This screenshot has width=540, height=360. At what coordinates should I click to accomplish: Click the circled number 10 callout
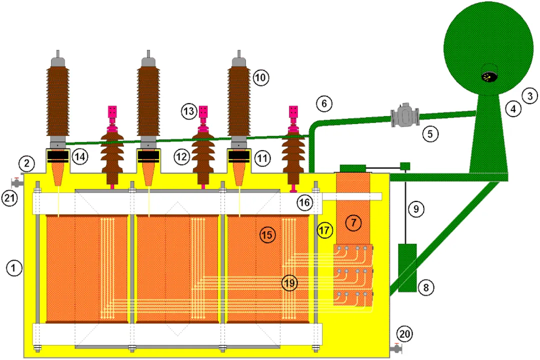260,77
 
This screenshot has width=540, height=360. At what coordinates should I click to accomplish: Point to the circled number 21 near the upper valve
10,198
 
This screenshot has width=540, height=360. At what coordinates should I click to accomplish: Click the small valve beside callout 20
397,348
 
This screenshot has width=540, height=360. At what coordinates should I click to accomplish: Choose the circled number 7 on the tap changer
353,223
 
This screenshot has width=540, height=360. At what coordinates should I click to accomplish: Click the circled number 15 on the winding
267,234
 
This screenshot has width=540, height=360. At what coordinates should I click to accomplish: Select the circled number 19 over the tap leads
289,282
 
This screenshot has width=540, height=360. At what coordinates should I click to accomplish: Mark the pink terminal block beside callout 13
203,110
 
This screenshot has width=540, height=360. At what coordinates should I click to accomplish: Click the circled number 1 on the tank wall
14,268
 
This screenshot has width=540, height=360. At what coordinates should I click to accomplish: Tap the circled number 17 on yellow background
324,230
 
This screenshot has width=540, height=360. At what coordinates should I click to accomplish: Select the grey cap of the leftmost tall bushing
58,61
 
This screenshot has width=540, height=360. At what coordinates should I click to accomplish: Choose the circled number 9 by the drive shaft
416,209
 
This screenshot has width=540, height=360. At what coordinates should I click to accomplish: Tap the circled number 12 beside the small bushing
181,157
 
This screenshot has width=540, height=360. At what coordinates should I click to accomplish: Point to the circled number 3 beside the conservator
529,94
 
